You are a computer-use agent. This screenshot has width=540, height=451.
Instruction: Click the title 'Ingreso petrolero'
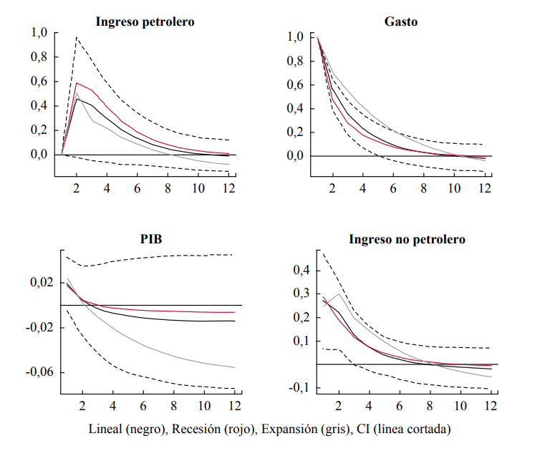point(145,21)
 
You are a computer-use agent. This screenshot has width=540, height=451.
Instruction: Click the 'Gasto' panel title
point(401,21)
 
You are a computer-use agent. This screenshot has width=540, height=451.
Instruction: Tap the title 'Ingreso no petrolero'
point(407,239)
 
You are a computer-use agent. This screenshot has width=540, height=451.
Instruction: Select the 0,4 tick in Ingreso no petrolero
point(302,271)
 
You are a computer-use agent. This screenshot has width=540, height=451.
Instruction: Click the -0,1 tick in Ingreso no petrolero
point(299,388)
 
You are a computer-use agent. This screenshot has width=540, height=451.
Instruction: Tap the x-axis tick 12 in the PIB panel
point(233,405)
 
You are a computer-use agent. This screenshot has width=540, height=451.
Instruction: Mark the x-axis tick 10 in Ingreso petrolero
point(198,188)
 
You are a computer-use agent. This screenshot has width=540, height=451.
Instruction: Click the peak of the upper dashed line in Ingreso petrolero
point(77,37)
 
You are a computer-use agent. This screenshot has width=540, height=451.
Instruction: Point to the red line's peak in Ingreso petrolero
point(77,83)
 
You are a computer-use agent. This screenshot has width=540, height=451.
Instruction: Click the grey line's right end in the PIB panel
point(234,367)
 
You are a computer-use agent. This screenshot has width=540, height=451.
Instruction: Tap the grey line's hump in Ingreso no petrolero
point(339,294)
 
